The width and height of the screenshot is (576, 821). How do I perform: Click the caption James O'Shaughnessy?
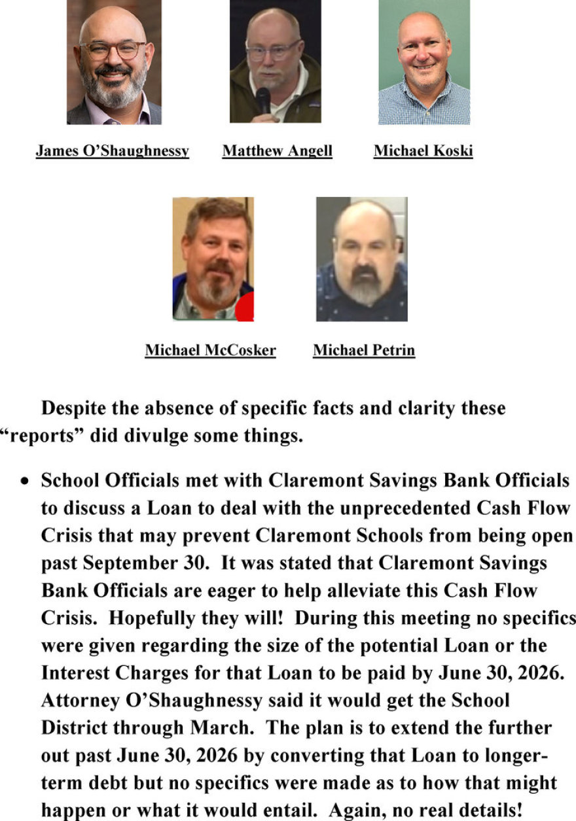click(x=112, y=151)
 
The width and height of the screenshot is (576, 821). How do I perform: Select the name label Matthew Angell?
click(x=277, y=151)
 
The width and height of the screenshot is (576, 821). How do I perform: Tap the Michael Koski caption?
click(x=423, y=151)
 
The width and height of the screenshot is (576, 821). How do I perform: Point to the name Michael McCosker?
click(x=210, y=350)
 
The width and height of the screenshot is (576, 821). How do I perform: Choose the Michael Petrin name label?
click(x=363, y=350)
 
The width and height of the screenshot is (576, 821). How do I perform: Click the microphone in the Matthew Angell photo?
click(x=263, y=100)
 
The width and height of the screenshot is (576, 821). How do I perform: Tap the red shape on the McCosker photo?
click(x=245, y=309)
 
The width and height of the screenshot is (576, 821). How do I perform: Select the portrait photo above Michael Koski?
click(x=424, y=61)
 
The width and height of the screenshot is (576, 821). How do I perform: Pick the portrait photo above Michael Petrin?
click(x=361, y=259)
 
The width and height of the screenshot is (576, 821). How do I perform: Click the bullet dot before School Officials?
click(x=24, y=481)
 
